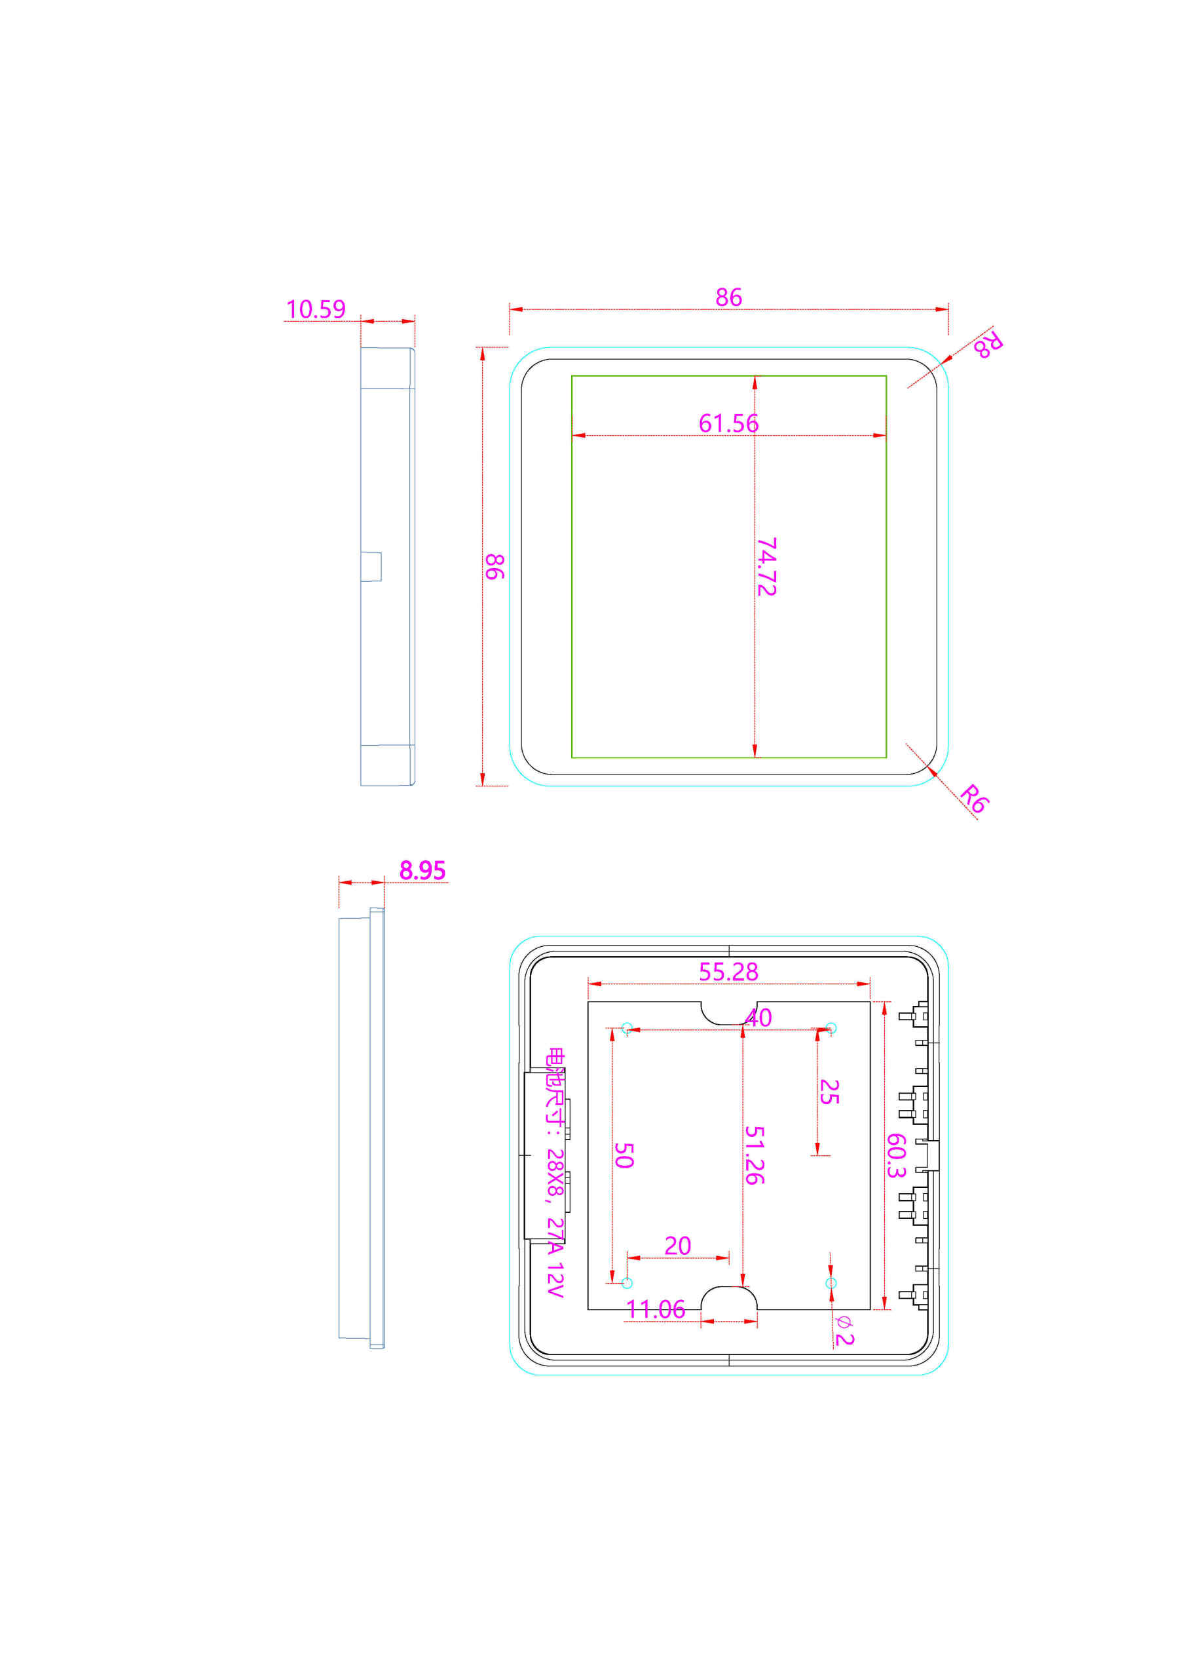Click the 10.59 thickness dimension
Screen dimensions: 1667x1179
315,309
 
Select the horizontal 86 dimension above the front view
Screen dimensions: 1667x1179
728,297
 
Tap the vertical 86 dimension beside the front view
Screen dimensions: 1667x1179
495,566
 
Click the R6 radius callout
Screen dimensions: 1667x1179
973,799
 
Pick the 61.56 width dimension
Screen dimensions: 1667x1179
728,423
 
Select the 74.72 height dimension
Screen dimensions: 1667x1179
766,567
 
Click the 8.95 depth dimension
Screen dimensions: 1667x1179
422,870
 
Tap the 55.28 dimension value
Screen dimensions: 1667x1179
728,972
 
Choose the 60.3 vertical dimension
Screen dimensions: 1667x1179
896,1155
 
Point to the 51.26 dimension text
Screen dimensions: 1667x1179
755,1155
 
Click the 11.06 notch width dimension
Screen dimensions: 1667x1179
655,1310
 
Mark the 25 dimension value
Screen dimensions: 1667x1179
829,1092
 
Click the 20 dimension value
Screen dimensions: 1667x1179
677,1246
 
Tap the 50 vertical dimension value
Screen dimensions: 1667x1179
624,1155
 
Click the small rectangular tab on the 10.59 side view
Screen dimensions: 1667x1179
371,567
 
